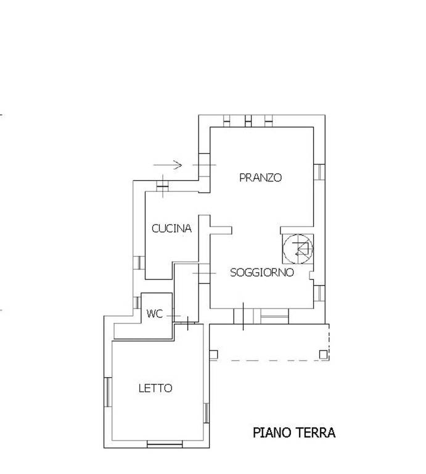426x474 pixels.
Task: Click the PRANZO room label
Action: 260,178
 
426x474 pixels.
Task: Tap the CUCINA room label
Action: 171,228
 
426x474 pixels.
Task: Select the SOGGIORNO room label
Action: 262,272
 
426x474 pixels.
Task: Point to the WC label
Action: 155,314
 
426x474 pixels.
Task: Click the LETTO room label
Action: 155,388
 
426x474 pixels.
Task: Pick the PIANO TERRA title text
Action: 294,433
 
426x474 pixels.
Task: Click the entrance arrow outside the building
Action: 168,165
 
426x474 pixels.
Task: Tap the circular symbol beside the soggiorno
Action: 298,249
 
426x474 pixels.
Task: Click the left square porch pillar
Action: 213,355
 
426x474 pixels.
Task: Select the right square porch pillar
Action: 324,354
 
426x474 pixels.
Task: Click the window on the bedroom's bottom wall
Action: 165,444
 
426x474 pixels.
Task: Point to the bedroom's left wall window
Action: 108,392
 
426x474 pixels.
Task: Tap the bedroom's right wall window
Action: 206,413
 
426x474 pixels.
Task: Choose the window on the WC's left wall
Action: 137,302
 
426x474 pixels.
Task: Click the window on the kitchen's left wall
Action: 139,262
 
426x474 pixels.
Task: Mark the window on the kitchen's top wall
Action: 162,186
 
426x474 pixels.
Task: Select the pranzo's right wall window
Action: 319,172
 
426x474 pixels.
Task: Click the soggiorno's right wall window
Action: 319,293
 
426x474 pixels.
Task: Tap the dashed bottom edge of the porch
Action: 269,360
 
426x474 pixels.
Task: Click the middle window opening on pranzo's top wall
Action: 248,121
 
